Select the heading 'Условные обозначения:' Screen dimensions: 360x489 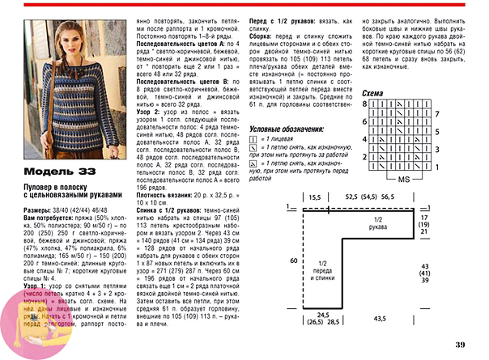tap(286, 129)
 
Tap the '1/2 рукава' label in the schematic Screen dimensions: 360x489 tap(373, 224)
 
